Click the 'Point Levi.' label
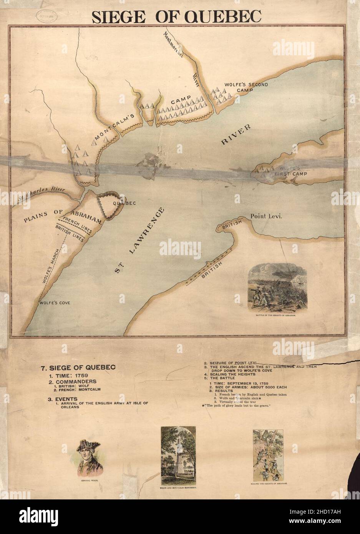click(x=266, y=216)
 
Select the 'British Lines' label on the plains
click(x=70, y=233)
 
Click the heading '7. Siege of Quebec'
click(x=78, y=367)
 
